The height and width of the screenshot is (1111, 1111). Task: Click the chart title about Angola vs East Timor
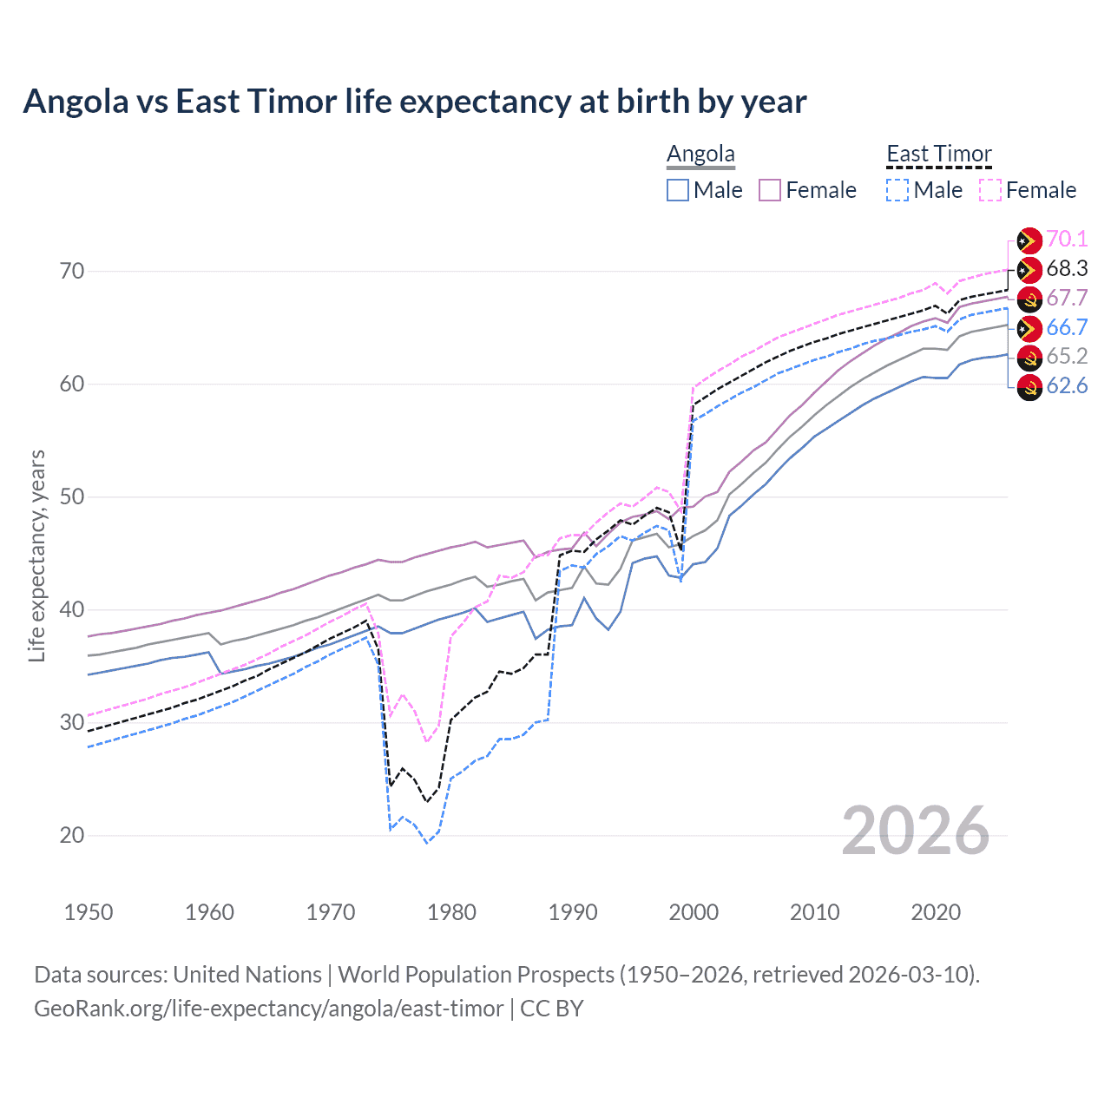415,102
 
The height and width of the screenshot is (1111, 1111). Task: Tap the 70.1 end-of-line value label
1067,240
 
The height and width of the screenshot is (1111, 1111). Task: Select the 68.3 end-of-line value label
1067,269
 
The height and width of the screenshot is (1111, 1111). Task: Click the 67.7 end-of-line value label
1067,299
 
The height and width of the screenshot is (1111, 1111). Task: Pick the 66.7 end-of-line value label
1067,327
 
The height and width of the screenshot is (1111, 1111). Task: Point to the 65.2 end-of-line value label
1067,357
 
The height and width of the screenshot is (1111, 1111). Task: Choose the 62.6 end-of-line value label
1067,386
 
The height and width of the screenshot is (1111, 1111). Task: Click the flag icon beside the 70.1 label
1029,240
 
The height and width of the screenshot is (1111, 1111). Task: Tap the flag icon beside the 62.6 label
1029,387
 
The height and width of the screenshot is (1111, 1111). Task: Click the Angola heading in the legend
700,154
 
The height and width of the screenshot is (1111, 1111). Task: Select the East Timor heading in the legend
938,154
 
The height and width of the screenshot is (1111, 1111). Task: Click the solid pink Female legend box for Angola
770,190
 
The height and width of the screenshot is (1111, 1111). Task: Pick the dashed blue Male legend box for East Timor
897,190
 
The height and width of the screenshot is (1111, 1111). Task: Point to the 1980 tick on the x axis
451,912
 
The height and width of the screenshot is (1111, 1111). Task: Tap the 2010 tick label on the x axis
814,912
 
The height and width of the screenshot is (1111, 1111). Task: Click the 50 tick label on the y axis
72,497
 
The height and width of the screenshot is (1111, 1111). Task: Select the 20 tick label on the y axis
72,836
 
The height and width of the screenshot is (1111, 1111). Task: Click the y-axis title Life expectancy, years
36,555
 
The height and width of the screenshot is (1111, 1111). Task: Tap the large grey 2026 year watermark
915,832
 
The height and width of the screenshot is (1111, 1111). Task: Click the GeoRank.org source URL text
268,1009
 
